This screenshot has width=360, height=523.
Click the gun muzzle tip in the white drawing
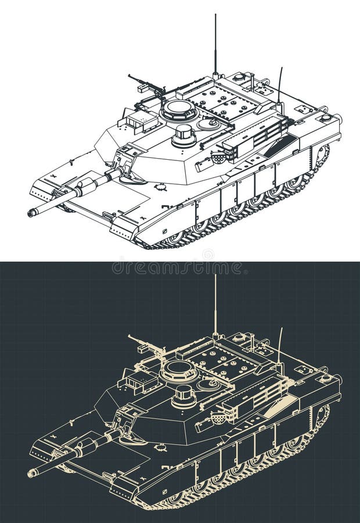click(31, 213)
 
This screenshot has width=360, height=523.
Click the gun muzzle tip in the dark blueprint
click(31, 473)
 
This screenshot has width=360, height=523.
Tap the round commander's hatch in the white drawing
click(179, 108)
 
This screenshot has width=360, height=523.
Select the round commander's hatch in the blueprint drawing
click(179, 368)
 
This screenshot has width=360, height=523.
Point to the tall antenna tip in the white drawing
click(215, 16)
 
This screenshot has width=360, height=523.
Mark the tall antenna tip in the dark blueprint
click(215, 276)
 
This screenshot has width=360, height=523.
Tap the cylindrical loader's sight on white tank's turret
click(184, 135)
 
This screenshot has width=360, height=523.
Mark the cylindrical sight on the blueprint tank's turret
click(184, 396)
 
